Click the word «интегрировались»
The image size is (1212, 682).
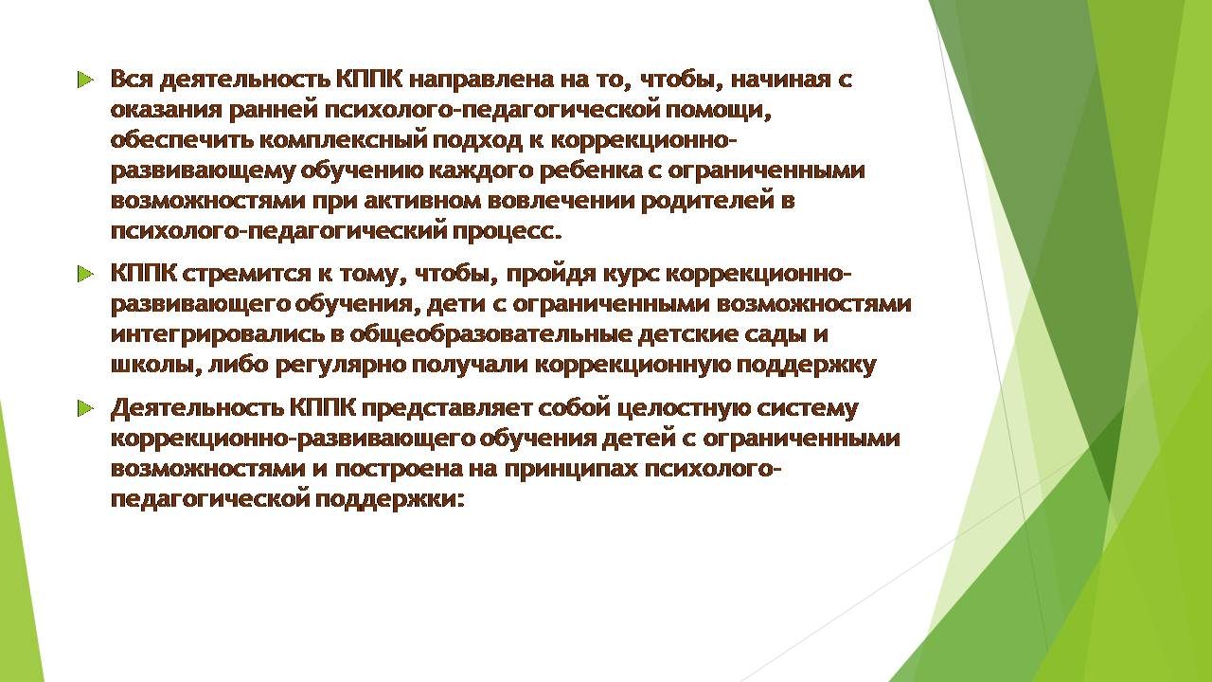(x=219, y=334)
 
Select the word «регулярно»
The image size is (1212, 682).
(x=341, y=366)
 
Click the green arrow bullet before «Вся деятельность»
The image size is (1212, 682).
(x=85, y=81)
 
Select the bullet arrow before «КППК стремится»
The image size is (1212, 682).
(x=85, y=274)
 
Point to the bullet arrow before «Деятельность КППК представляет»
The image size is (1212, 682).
(x=85, y=408)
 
